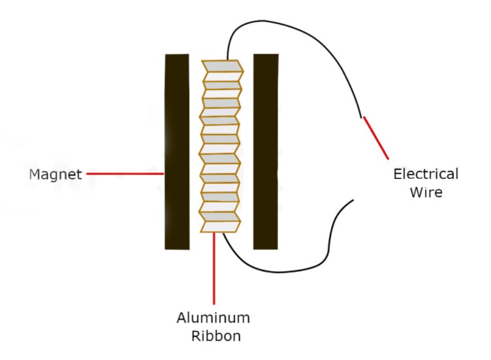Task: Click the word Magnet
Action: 55,174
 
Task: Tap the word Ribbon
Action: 214,337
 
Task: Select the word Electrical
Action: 425,174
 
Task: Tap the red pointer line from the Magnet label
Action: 125,174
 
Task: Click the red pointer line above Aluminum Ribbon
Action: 214,268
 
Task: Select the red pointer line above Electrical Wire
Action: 375,137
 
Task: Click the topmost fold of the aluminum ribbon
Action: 223,66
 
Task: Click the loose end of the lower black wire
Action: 353,200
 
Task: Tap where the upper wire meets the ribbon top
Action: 226,60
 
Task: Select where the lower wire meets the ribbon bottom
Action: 224,233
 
